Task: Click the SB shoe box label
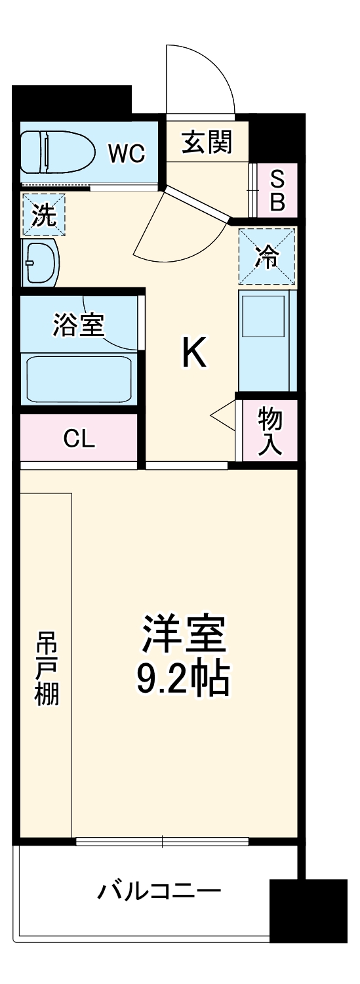[278, 190]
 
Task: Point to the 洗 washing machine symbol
[44, 215]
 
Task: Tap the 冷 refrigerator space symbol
[266, 256]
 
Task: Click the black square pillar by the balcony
[308, 911]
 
